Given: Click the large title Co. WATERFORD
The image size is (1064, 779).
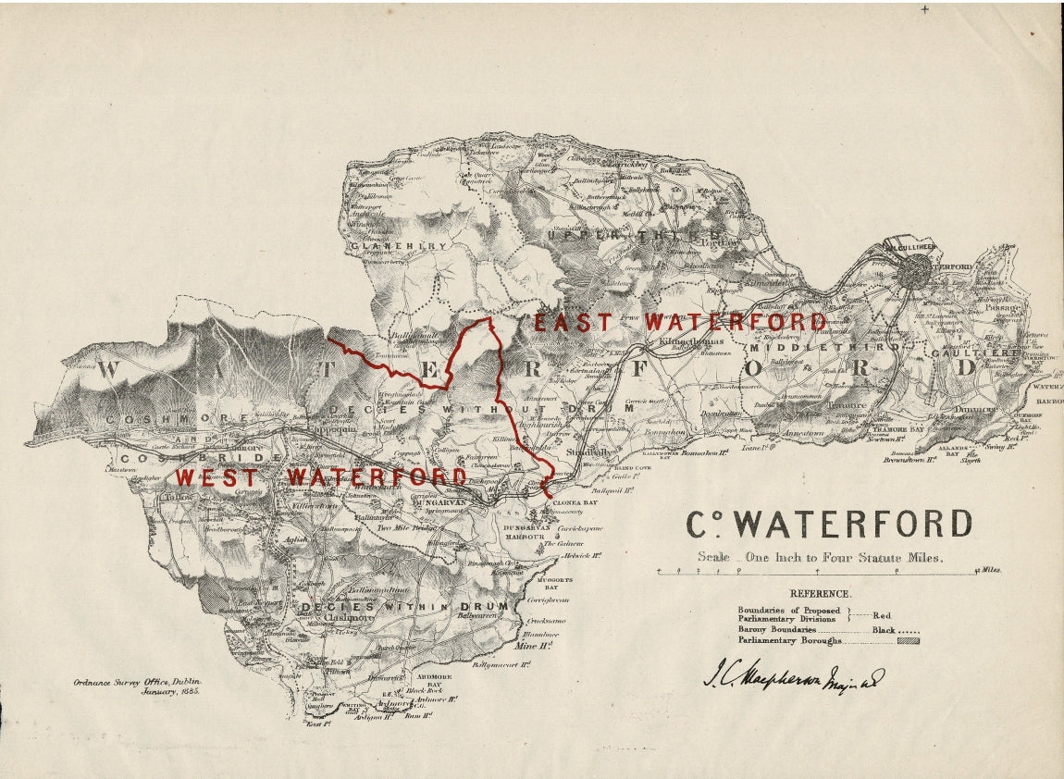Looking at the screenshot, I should pyautogui.click(x=829, y=525).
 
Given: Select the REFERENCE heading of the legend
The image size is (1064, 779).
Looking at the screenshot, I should pyautogui.click(x=820, y=594).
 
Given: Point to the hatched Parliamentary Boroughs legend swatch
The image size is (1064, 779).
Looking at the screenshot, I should pyautogui.click(x=909, y=640).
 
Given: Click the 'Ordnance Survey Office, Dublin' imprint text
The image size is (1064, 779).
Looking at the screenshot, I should pyautogui.click(x=137, y=683).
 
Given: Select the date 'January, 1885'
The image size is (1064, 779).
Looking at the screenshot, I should pyautogui.click(x=170, y=691).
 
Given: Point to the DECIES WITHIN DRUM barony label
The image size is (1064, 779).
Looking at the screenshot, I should pyautogui.click(x=405, y=607).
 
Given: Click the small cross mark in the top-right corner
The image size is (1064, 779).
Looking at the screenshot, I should pyautogui.click(x=924, y=9).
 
